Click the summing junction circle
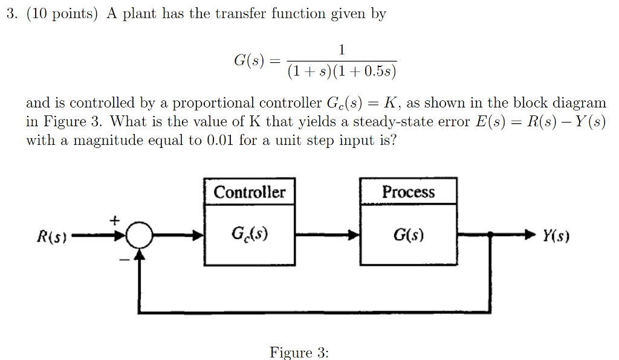(140, 235)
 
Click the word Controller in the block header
(250, 192)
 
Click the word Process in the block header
(408, 192)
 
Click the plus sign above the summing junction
(115, 220)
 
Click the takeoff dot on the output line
(489, 235)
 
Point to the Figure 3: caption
(299, 352)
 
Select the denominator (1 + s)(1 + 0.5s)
(342, 72)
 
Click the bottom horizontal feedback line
(314, 312)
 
